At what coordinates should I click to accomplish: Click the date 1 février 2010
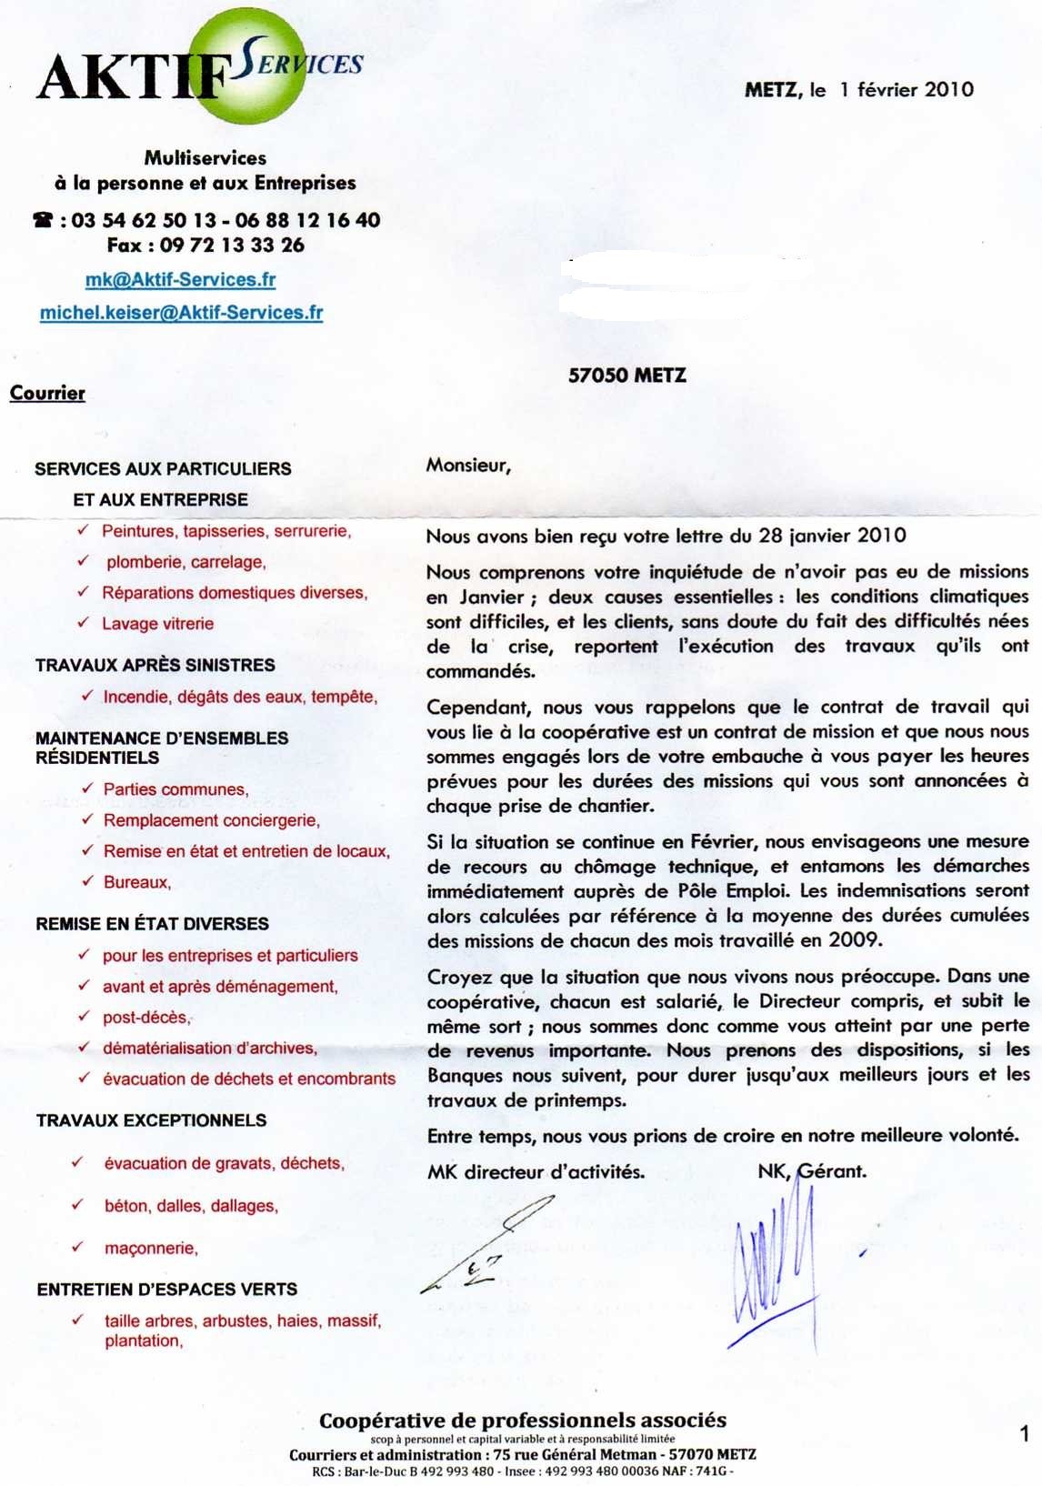coord(906,89)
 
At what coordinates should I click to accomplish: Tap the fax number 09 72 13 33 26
coord(232,245)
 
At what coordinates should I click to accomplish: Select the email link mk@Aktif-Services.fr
coord(180,279)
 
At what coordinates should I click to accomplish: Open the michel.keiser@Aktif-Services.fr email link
coord(181,313)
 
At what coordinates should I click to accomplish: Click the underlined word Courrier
coord(47,393)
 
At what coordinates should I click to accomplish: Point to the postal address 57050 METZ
coord(626,375)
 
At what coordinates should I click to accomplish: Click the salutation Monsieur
coord(468,466)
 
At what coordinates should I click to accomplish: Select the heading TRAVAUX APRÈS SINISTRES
coord(155,665)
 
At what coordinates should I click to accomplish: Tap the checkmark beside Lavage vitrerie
coord(84,623)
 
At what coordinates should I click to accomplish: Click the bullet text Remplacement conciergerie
coord(211,820)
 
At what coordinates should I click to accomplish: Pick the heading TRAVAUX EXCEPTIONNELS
coord(151,1120)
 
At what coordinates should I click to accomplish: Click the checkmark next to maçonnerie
coord(77,1247)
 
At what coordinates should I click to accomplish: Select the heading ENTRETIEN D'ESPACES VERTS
coord(166,1289)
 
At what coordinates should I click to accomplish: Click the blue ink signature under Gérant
coord(773,1264)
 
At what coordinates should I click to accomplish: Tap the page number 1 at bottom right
coord(1024,1434)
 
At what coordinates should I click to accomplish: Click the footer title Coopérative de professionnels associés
coord(523,1420)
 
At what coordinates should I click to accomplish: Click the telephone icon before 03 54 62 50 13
coord(43,220)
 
